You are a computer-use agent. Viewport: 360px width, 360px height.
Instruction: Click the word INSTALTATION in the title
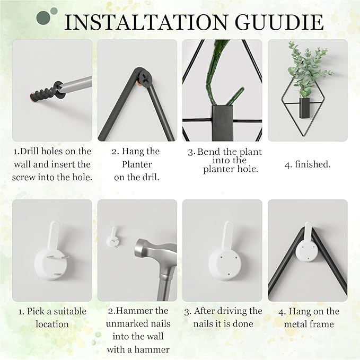(x=146, y=22)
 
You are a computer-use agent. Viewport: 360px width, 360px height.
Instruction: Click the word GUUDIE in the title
(x=279, y=22)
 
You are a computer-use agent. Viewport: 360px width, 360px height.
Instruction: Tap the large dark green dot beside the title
(x=43, y=17)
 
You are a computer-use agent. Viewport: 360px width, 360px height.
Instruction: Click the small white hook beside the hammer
(x=113, y=238)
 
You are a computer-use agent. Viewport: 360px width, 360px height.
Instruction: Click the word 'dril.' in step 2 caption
(x=150, y=177)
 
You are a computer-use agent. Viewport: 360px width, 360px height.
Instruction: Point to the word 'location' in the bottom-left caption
(x=52, y=324)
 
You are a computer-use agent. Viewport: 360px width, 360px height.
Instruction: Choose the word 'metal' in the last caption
(x=295, y=324)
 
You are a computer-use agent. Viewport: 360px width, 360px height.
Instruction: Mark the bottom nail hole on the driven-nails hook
(x=228, y=274)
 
